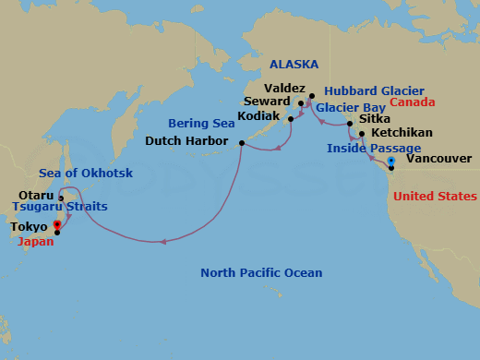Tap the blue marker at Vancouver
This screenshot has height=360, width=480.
[391, 161]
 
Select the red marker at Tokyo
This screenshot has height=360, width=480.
[57, 224]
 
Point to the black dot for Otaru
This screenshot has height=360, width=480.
[61, 198]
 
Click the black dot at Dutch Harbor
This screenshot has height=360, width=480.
[242, 143]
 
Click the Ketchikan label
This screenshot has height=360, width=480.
[399, 134]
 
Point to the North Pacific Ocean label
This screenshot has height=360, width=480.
[262, 273]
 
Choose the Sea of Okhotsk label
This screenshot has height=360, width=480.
[86, 174]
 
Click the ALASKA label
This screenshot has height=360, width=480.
[294, 65]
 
